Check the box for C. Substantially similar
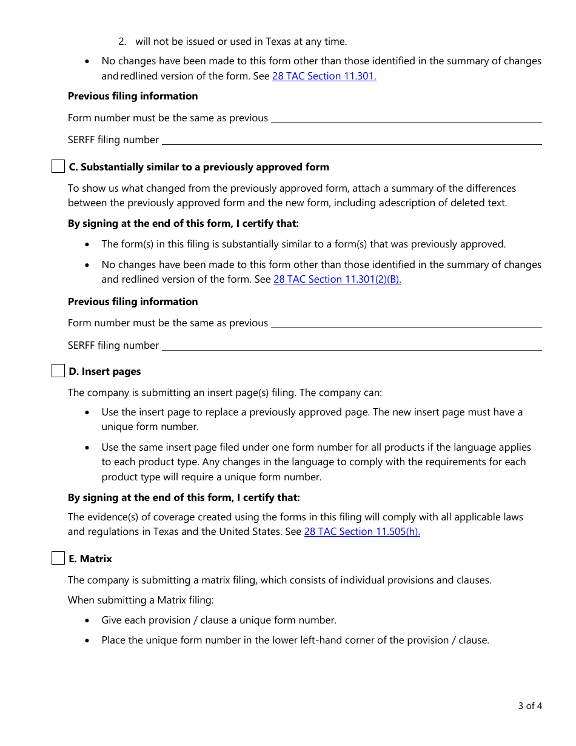click(x=58, y=167)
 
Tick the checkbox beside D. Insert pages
click(x=58, y=371)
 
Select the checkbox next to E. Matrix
click(x=58, y=559)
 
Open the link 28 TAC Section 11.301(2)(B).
click(x=337, y=280)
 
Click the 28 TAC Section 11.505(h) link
click(x=362, y=531)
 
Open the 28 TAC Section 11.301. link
click(x=324, y=76)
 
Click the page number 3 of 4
click(x=530, y=705)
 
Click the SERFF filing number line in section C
click(x=352, y=346)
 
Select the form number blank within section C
click(x=406, y=323)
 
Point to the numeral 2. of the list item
click(x=122, y=41)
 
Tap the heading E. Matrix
click(x=90, y=559)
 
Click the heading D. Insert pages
click(x=105, y=371)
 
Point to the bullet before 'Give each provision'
click(x=88, y=620)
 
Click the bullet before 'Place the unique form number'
click(x=88, y=640)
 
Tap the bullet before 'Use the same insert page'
click(x=88, y=448)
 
